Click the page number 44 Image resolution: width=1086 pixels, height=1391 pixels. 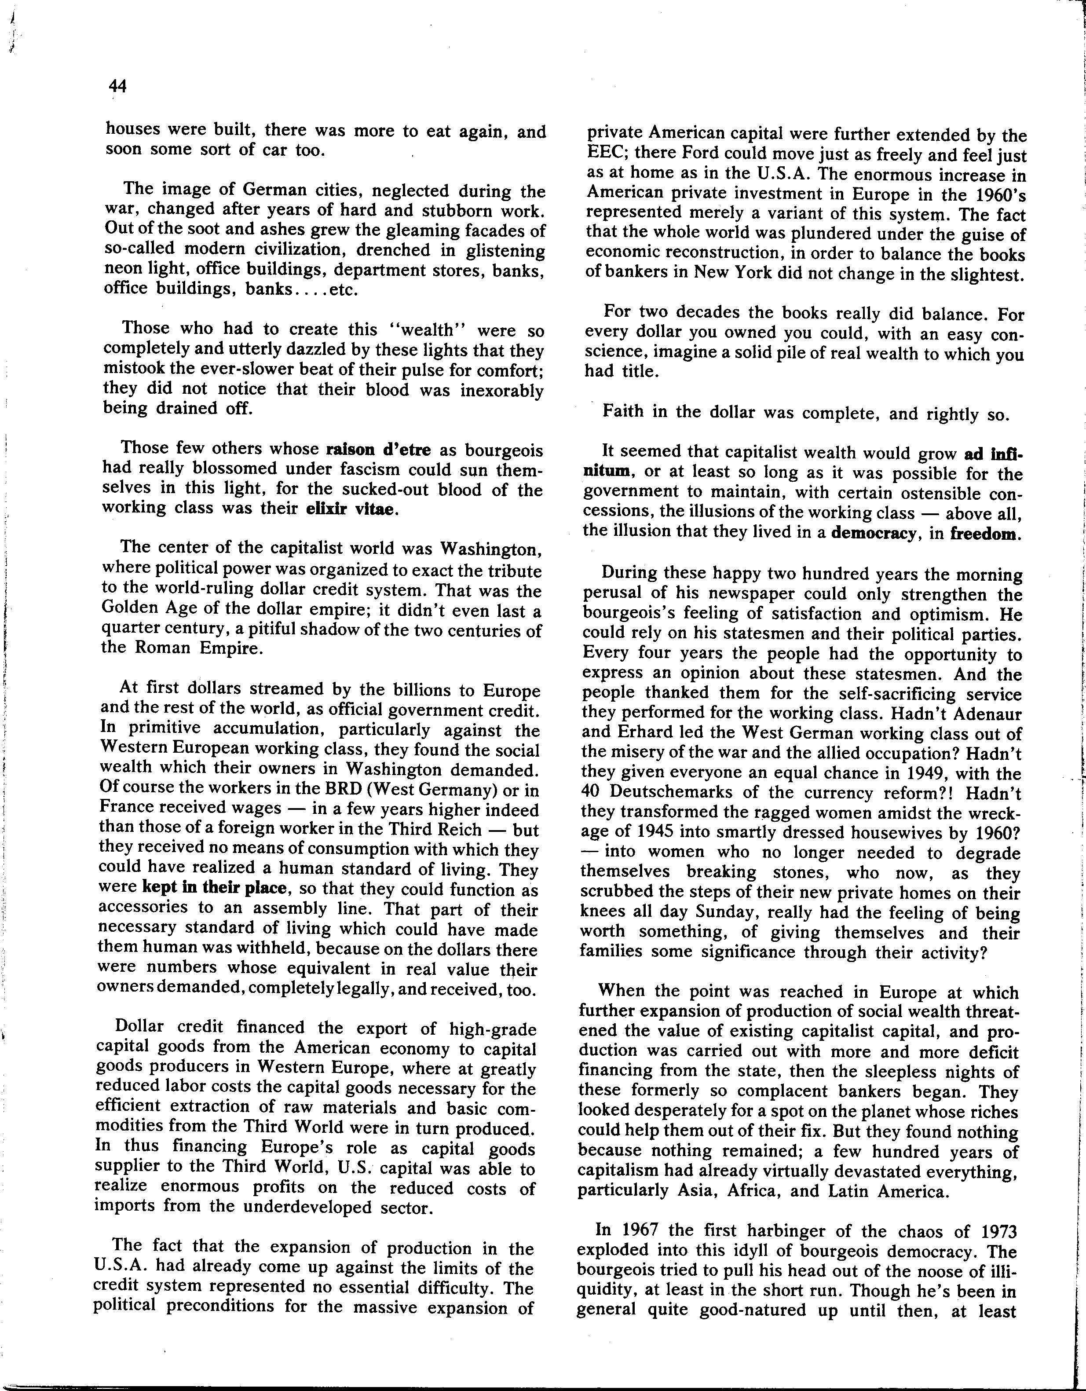tap(118, 85)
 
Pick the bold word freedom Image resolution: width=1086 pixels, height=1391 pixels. tap(985, 534)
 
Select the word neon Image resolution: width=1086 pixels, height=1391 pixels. tap(121, 269)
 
